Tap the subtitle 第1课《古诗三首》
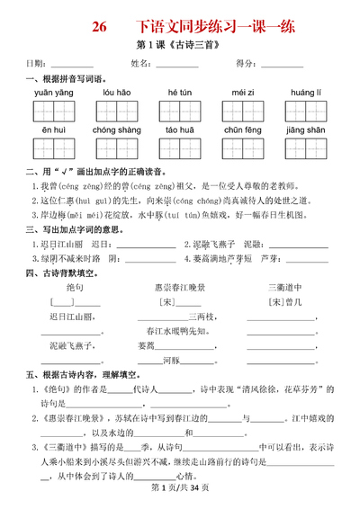tap(179, 46)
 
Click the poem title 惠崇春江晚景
tap(180, 287)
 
